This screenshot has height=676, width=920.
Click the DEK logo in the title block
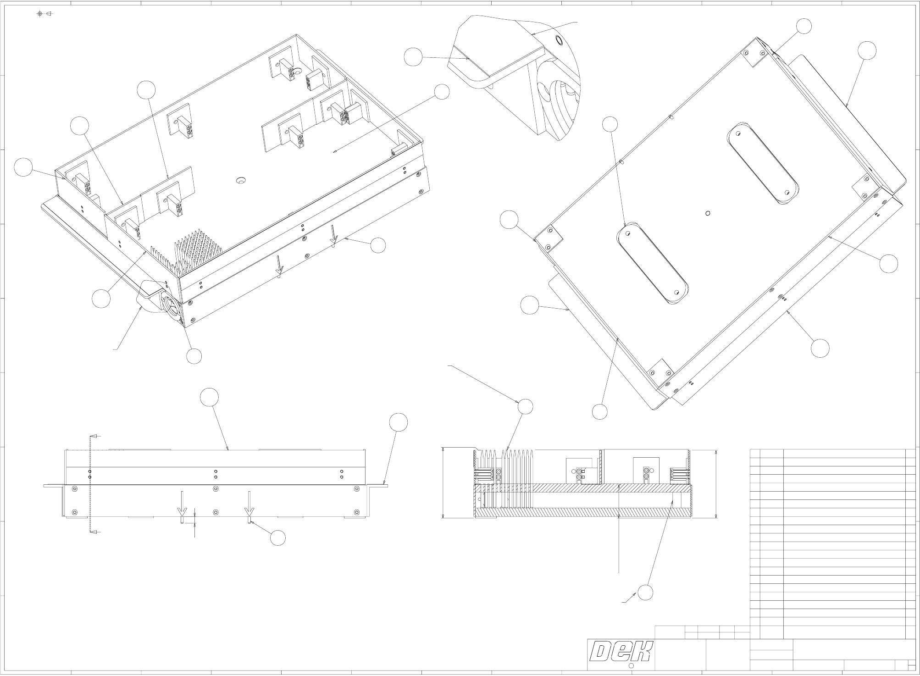point(621,652)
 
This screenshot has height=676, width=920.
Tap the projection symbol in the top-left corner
point(44,14)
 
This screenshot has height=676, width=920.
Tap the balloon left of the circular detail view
point(413,58)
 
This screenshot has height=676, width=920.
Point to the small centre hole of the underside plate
point(708,213)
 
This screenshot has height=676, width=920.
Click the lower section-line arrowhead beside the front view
point(93,532)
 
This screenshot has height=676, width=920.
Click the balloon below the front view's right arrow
point(278,537)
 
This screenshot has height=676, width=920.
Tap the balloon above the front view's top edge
point(210,397)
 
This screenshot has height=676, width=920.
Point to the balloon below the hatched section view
point(645,593)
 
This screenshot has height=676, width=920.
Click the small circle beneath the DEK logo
point(630,665)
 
